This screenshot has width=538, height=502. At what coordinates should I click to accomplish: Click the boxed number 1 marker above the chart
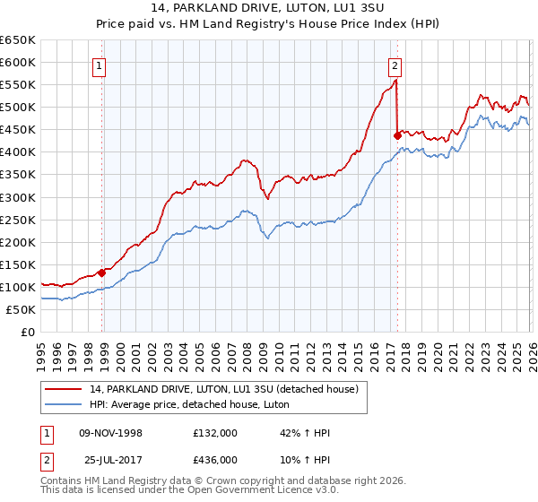tap(98, 65)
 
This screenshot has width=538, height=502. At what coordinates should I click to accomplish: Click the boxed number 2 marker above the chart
tap(395, 65)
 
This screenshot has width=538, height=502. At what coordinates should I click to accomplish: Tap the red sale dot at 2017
tap(397, 135)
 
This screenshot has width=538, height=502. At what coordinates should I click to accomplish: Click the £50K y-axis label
tap(22, 309)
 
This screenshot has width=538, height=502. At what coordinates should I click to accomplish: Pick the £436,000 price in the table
tap(215, 459)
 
